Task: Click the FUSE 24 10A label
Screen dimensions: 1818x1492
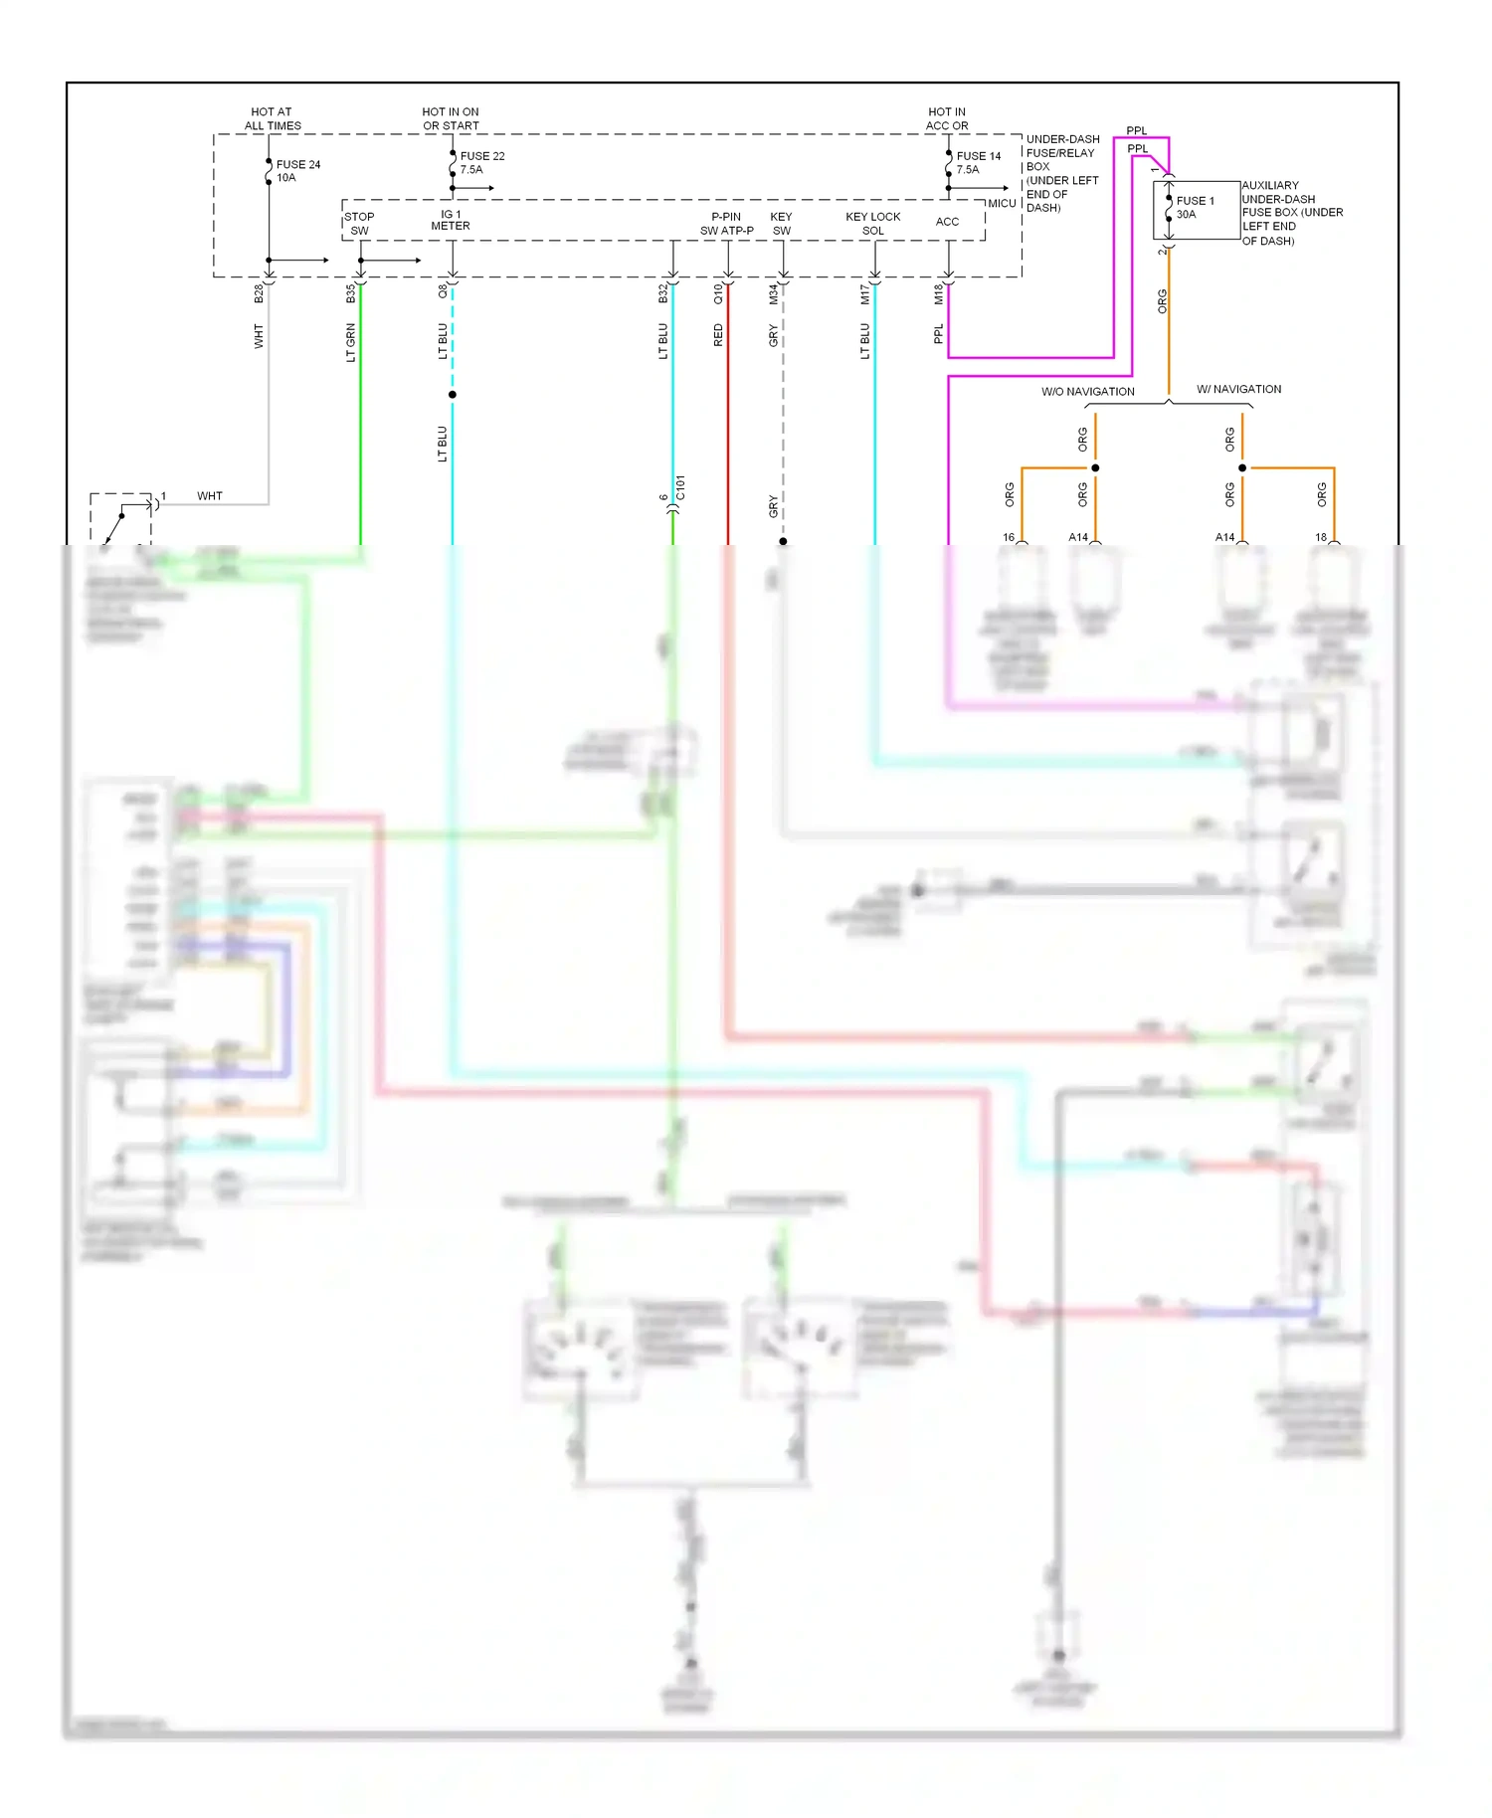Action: pos(297,171)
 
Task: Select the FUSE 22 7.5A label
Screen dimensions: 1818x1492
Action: pos(481,163)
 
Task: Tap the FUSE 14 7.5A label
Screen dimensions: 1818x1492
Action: pos(978,163)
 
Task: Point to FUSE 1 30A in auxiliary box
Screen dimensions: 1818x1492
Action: pos(1195,207)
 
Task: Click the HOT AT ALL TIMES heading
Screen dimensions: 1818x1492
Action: pos(273,118)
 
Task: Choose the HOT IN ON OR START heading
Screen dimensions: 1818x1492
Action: pos(451,118)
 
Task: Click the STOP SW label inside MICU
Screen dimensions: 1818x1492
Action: pos(359,224)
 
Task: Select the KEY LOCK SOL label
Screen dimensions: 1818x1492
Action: pos(872,224)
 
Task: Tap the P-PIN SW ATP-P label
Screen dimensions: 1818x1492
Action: pos(726,224)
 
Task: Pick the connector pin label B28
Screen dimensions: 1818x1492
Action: pos(259,293)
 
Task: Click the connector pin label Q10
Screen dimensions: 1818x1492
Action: pos(718,293)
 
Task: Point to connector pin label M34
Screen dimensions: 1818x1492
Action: pos(773,293)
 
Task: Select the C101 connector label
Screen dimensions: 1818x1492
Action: pos(680,487)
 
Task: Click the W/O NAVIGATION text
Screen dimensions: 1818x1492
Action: pos(1087,392)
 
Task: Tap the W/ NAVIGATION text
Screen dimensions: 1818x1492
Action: pos(1238,389)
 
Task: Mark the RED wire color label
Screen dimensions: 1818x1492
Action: pos(718,336)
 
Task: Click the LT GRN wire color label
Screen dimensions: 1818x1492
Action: pos(350,343)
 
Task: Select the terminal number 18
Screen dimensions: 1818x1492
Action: pos(1321,537)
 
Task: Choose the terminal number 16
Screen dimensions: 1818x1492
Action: pos(1009,537)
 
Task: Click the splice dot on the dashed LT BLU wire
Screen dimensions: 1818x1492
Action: pos(453,395)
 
